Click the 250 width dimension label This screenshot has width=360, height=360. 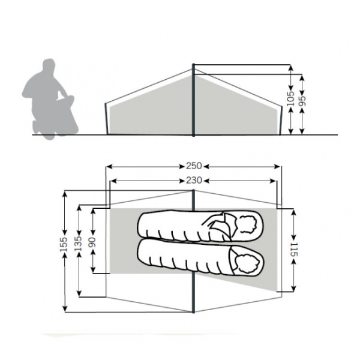click(194, 166)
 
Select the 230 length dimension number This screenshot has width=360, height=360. click(194, 181)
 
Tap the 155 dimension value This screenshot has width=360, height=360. click(64, 244)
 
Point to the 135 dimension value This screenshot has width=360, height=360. click(78, 244)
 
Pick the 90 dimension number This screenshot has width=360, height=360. click(92, 242)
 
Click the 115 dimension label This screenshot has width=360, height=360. click(294, 250)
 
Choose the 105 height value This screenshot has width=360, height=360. click(290, 99)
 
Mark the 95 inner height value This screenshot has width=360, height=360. click(302, 101)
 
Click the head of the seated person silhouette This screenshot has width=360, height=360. click(49, 65)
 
